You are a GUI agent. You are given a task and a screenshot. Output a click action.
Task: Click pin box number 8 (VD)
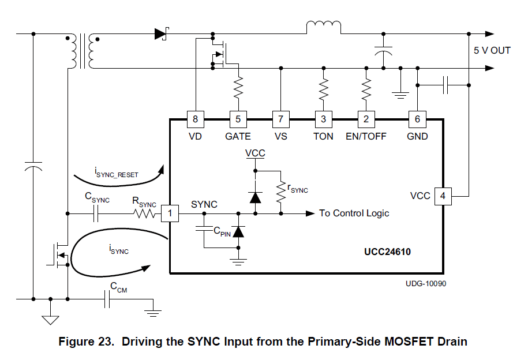(x=195, y=119)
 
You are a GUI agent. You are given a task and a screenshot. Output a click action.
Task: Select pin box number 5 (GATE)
(x=238, y=119)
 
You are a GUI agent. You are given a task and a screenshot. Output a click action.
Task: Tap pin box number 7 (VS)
(x=280, y=119)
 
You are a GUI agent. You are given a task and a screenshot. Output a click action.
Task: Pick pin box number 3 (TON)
(x=323, y=119)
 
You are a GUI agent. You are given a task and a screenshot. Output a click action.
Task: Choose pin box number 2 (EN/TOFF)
(x=366, y=119)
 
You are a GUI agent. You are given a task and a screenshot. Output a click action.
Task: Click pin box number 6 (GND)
(x=417, y=119)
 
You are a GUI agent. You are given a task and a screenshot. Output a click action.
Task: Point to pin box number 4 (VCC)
(x=443, y=196)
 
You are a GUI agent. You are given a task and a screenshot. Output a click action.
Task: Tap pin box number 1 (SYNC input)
(x=170, y=213)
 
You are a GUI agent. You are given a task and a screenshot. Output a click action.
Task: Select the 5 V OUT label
(x=492, y=51)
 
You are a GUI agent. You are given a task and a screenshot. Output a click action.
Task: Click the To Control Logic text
(x=354, y=213)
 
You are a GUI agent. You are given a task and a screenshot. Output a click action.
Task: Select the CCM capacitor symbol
(x=107, y=299)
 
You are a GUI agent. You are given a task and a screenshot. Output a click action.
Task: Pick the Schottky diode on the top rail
(x=161, y=33)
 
